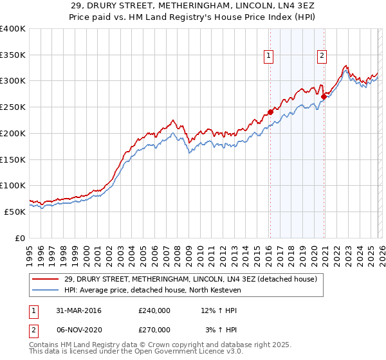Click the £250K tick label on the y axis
pos(13,107)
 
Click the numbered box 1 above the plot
pos(268,56)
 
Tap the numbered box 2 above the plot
pos(322,56)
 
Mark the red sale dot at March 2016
pos(270,113)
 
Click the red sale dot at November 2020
pos(324,97)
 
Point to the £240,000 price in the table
pos(154,310)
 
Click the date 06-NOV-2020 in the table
pos(78,329)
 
